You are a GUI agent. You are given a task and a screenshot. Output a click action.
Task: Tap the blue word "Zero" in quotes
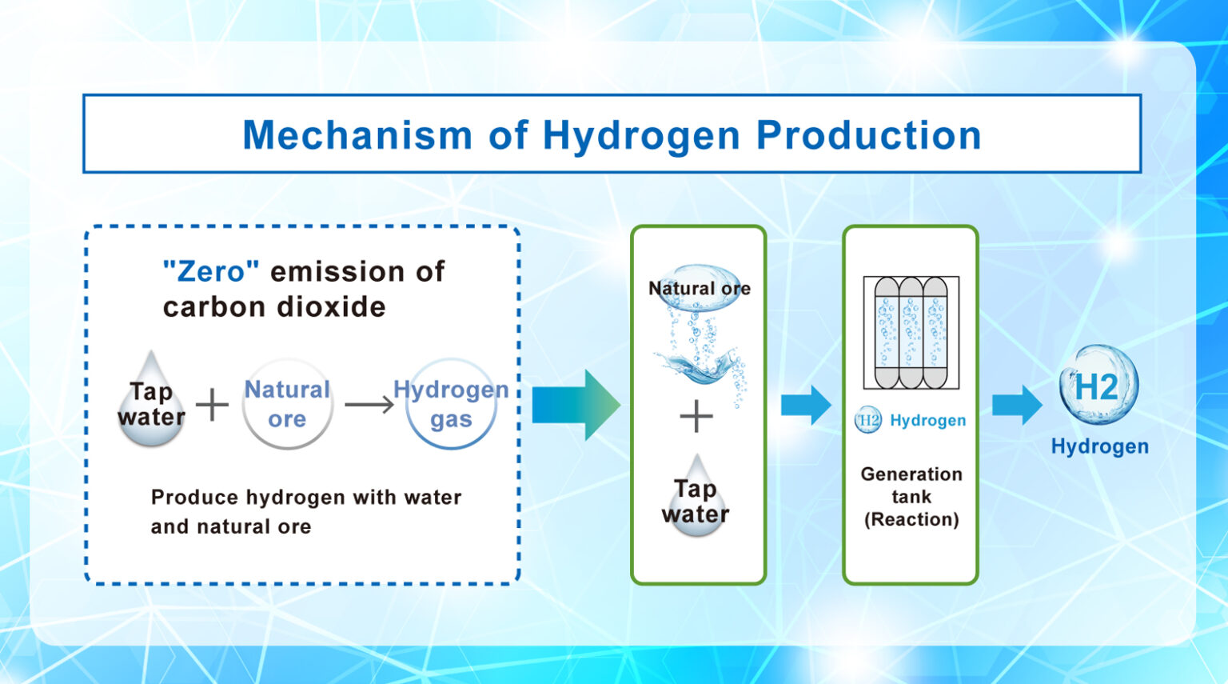(211, 272)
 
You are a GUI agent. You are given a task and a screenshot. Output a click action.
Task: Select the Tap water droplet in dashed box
(151, 402)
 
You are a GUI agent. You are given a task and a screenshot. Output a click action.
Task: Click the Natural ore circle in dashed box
(287, 404)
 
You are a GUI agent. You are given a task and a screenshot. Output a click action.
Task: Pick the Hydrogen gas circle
(451, 404)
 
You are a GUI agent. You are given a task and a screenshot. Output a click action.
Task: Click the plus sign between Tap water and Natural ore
(213, 404)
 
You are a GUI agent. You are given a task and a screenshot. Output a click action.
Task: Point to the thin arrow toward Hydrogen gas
(369, 405)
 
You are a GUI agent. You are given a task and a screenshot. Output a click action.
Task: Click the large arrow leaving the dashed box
(576, 405)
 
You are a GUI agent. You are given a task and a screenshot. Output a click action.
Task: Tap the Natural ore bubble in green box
(699, 288)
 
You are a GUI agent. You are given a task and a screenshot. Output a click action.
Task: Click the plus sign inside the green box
(696, 417)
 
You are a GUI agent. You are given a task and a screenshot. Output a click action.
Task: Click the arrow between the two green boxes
(806, 405)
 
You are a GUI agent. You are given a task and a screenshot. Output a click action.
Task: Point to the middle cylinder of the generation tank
(911, 333)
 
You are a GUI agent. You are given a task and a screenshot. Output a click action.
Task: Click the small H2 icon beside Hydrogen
(868, 420)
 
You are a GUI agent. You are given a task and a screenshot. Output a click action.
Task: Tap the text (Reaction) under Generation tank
(911, 520)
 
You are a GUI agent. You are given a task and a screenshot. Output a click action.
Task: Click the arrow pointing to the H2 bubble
(1017, 405)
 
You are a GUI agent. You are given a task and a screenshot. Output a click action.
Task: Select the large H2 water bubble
(1098, 386)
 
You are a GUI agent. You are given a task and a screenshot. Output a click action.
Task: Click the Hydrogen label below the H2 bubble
(1099, 446)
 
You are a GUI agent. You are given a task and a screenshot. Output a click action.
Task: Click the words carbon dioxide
(274, 307)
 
